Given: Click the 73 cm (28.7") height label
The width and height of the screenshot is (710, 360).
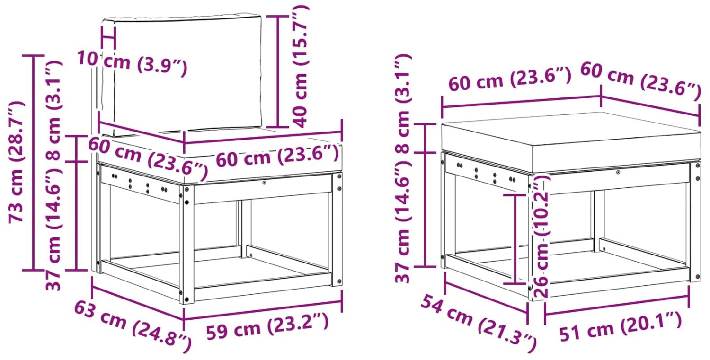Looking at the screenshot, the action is (x=16, y=162).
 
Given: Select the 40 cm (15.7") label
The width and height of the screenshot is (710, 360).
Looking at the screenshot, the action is (x=299, y=67).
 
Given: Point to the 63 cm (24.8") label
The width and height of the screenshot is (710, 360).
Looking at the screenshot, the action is (x=133, y=327).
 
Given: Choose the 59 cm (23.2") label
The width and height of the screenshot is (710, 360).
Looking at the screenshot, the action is (x=267, y=327).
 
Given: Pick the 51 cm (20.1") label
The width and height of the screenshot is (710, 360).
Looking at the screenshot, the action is (x=620, y=326).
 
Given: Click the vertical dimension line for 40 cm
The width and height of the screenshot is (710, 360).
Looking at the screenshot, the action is (x=278, y=71).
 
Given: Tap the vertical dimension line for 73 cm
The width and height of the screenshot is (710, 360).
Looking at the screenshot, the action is (x=33, y=163).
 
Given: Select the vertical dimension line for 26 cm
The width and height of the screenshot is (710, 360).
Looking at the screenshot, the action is (x=515, y=239).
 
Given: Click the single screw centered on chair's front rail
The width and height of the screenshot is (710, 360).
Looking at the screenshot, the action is (x=264, y=183).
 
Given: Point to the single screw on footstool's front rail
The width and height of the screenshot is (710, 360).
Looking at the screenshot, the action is (x=618, y=172).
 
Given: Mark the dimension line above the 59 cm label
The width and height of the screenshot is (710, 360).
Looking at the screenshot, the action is (x=263, y=309).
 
